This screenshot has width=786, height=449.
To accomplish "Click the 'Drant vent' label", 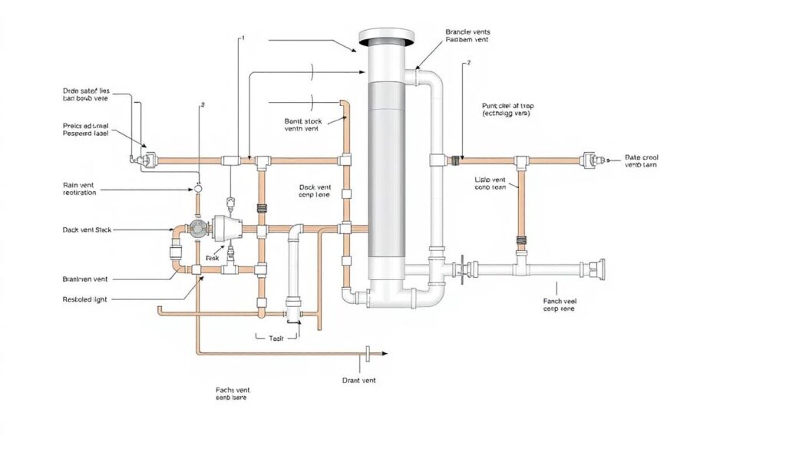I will tap(358, 380).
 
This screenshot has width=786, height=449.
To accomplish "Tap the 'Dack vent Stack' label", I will tap(86, 229).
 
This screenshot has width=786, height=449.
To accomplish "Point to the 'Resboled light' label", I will tap(84, 299).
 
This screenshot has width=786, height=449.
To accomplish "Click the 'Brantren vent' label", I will tap(85, 280).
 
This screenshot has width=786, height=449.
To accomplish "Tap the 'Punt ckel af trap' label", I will tap(507, 108).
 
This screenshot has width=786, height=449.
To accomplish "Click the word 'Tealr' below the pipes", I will tap(276, 337).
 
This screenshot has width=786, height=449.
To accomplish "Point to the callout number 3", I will tap(202, 104).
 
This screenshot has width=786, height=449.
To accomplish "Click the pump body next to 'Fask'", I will tap(226, 227).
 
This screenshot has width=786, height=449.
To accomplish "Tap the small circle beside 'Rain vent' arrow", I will tap(197, 188).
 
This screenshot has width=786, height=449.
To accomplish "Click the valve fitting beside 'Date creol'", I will tap(590, 160).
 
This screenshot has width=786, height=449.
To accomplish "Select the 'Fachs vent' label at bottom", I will tap(233, 394).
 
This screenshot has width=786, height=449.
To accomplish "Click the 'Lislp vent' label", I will tap(491, 182).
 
